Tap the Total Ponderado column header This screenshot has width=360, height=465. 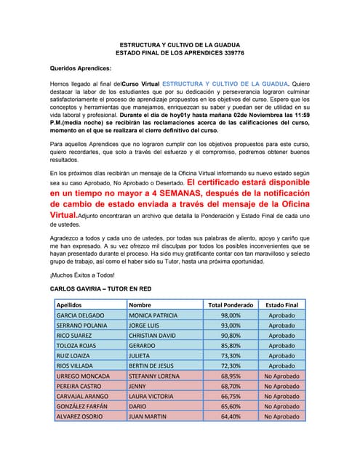click(x=231, y=305)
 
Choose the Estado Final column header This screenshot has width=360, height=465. click(x=281, y=305)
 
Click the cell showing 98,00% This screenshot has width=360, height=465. click(x=231, y=315)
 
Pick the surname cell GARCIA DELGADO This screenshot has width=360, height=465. click(x=80, y=315)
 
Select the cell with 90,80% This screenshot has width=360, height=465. click(x=231, y=336)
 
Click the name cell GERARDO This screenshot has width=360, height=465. click(x=143, y=346)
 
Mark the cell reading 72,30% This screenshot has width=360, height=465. click(x=231, y=366)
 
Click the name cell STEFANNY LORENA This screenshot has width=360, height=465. click(x=153, y=376)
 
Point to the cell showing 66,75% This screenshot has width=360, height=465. click(x=231, y=396)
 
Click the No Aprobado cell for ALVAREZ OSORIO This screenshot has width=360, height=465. click(x=281, y=416)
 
